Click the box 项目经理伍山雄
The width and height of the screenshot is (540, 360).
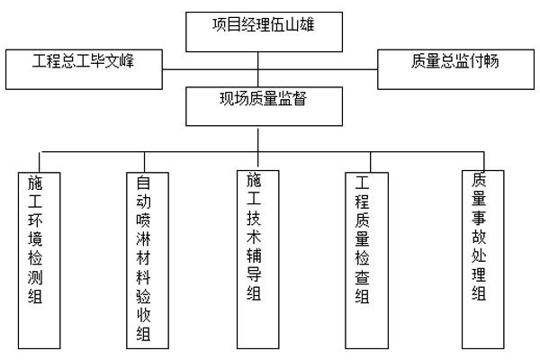click(258, 31)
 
